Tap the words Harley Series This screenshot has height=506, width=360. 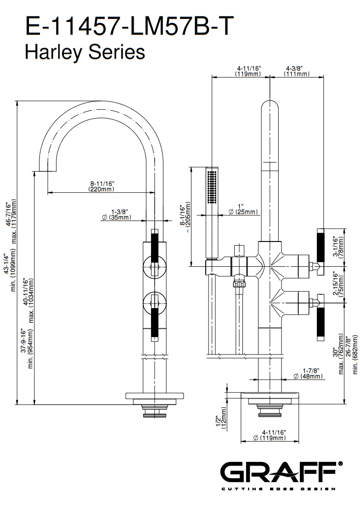tap(84, 52)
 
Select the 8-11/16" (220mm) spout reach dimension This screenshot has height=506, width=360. tap(101, 186)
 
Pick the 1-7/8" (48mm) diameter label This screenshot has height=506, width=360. tap(308, 374)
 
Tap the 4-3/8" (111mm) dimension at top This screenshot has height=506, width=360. tap(297, 71)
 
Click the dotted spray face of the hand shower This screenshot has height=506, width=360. tap(212, 186)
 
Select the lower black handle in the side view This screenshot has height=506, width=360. tap(320, 325)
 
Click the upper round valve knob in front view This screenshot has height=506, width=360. tap(154, 265)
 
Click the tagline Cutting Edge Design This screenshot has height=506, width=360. tap(278, 489)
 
